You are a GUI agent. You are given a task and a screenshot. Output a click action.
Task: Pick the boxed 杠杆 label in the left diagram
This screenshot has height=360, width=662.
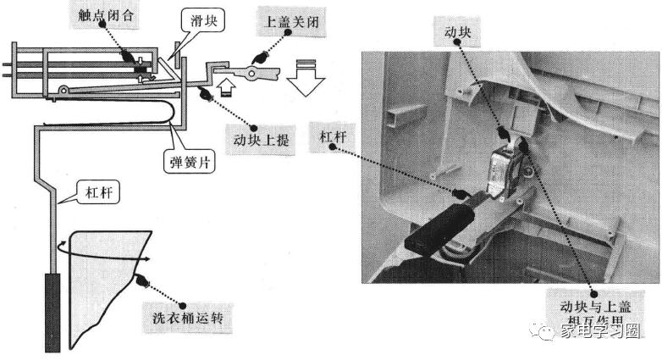(97, 191)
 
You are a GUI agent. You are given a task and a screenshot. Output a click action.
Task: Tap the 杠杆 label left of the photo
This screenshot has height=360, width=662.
(334, 136)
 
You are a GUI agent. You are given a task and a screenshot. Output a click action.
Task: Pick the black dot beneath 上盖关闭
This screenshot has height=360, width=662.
(261, 58)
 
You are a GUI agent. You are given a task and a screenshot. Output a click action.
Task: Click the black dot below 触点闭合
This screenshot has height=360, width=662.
(127, 57)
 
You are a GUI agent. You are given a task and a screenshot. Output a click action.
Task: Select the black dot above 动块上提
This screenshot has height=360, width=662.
(204, 93)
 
